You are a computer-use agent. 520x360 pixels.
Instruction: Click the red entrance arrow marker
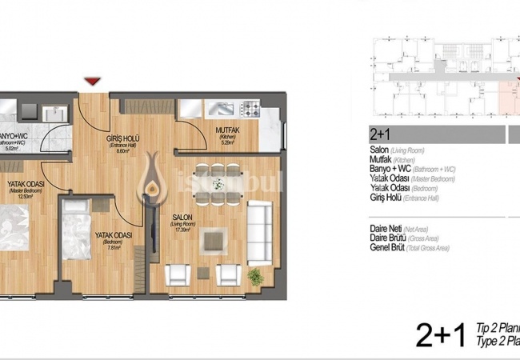(93, 81)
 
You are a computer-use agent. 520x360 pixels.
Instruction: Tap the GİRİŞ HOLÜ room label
(123, 138)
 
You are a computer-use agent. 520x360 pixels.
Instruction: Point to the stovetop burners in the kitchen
(250, 107)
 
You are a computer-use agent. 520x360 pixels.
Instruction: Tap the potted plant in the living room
(255, 277)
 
